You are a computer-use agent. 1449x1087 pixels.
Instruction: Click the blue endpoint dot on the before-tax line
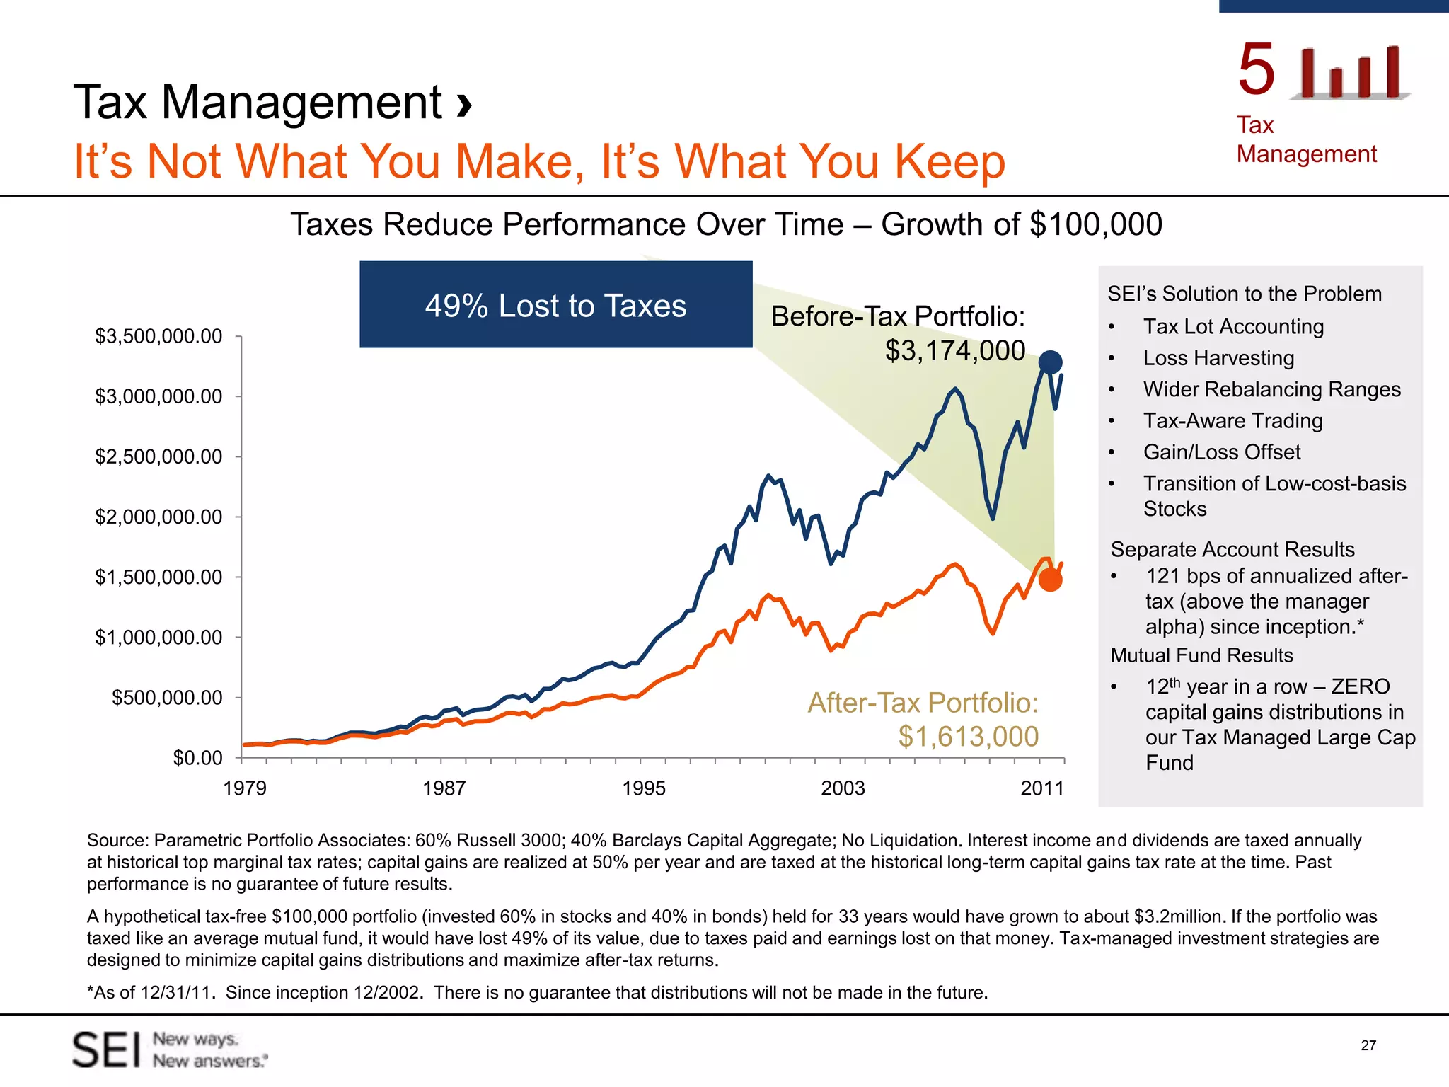[x=1050, y=362]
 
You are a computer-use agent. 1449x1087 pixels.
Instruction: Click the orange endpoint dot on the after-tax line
[x=1051, y=580]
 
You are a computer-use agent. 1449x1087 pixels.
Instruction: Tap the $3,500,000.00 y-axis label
[x=158, y=336]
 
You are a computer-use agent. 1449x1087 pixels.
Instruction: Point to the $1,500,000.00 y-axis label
[x=158, y=577]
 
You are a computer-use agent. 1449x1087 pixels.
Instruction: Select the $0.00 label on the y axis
[x=197, y=758]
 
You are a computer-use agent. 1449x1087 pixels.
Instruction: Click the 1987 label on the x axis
[x=444, y=788]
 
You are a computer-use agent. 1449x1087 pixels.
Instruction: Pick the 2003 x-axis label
[x=843, y=788]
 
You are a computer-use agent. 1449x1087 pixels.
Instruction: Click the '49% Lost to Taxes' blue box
[x=556, y=304]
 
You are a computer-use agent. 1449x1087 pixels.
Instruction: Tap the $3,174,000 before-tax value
[x=955, y=350]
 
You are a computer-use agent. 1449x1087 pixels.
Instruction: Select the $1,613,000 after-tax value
[x=969, y=737]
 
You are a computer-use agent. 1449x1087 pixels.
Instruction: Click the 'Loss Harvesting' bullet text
[x=1218, y=358]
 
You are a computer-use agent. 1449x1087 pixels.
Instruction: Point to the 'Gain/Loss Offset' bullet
[x=1222, y=452]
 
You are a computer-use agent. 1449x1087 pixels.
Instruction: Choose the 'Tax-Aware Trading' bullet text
[x=1233, y=420]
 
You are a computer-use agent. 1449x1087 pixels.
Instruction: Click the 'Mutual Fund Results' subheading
[x=1201, y=655]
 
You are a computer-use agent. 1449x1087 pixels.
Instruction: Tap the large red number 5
[x=1257, y=69]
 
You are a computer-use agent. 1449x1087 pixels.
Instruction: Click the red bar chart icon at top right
[x=1350, y=72]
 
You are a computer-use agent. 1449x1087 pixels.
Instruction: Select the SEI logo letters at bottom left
[x=107, y=1050]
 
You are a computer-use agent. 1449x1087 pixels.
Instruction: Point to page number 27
[x=1368, y=1045]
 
